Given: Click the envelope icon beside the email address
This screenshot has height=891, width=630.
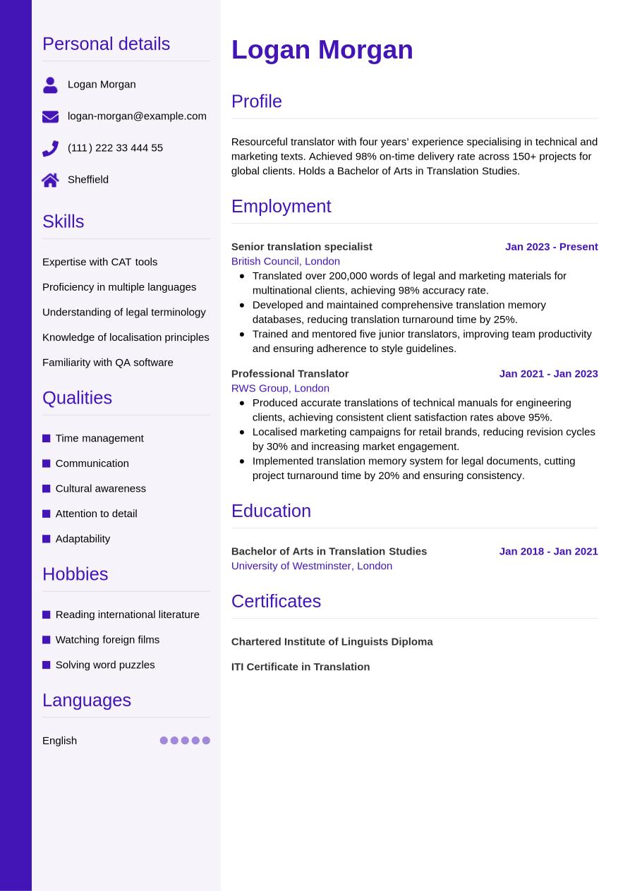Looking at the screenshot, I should [x=50, y=116].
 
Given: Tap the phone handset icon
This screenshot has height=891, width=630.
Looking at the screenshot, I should [x=50, y=148].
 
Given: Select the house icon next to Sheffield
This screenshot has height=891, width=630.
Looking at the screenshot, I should [x=50, y=180].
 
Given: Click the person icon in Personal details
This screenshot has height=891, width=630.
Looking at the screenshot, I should [x=50, y=85].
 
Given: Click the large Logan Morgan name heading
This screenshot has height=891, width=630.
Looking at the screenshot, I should [x=322, y=50].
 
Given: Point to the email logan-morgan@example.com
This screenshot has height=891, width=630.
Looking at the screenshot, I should [x=137, y=116].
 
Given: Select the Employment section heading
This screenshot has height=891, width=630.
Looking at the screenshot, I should [x=281, y=206].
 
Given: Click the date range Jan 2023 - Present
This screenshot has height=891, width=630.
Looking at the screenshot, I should [x=551, y=246].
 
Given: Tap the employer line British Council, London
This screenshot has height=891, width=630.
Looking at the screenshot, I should [x=285, y=261].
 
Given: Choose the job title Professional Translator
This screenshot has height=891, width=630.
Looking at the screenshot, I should [x=290, y=373].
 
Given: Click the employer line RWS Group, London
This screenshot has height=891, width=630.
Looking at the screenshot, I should [x=280, y=388].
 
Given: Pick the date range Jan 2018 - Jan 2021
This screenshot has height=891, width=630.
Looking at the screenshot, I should [x=548, y=551].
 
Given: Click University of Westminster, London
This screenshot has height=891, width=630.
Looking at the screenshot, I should [x=311, y=566].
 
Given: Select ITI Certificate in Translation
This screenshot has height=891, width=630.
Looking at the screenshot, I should [x=300, y=667].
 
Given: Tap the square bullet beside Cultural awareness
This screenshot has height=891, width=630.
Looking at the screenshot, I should [x=47, y=489].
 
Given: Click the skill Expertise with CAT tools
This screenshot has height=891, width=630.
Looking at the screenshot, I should [x=99, y=262].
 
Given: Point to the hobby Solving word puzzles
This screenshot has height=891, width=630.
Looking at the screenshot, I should [x=104, y=665].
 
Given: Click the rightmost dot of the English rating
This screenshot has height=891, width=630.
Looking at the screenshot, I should [x=206, y=741].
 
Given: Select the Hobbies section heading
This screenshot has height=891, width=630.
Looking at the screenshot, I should [x=75, y=574].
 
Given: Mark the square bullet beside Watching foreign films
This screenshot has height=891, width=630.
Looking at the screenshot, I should [x=47, y=640].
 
